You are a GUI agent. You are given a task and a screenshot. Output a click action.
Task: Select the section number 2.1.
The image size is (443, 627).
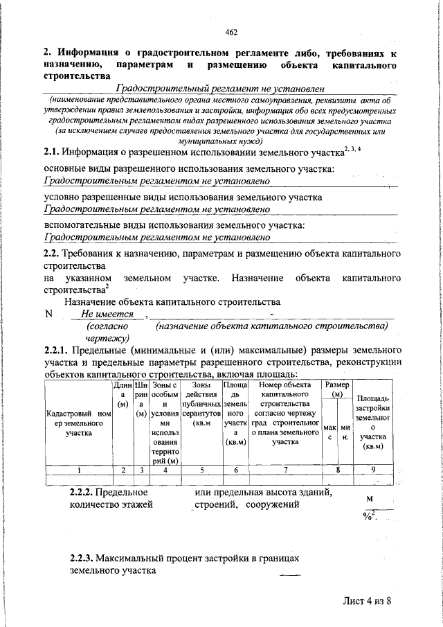51,152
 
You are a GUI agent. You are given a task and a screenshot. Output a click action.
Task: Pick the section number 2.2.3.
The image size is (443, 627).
81,558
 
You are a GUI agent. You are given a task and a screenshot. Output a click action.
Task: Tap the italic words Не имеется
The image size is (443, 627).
107,314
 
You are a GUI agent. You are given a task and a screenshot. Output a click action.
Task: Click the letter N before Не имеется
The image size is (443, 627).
48,314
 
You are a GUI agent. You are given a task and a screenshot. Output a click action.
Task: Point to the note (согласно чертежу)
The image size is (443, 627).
105,331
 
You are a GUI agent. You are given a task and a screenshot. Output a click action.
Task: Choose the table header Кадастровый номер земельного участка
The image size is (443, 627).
78,423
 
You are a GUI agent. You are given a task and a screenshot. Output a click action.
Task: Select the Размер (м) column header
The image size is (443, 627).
337,389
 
